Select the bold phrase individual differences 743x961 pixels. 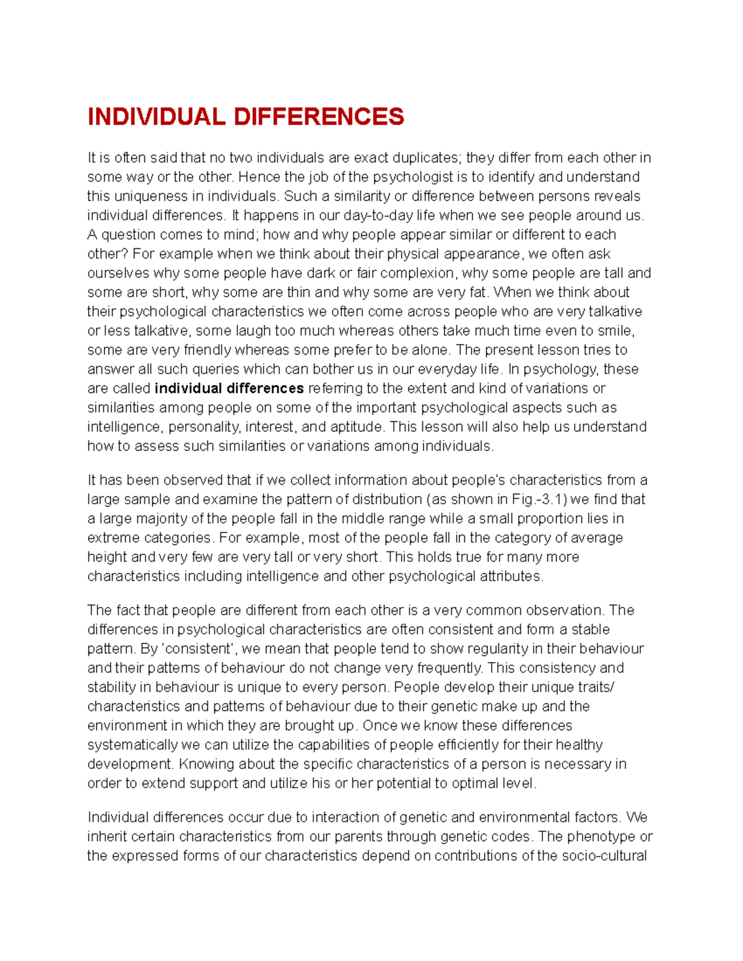coord(229,388)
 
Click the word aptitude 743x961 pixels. coord(357,426)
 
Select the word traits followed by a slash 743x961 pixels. coord(599,687)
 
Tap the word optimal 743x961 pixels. coord(477,783)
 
